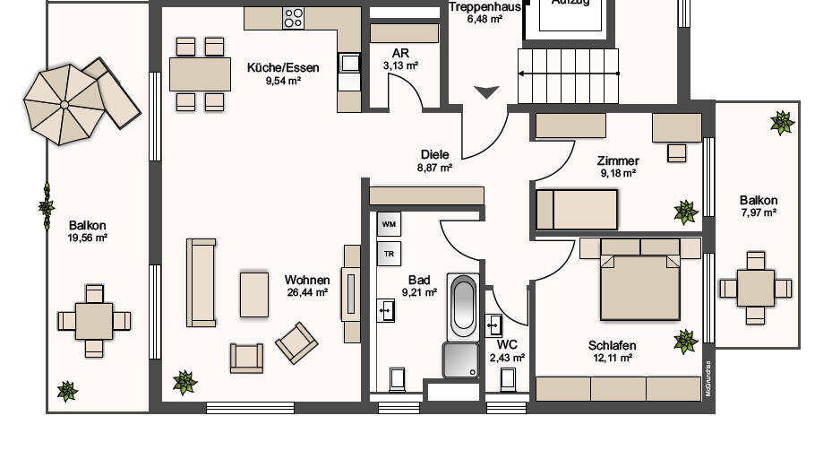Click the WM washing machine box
(x=389, y=223)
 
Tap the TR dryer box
(x=389, y=254)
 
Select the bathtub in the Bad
(x=463, y=306)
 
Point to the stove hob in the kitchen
(x=294, y=17)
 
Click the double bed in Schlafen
(x=639, y=285)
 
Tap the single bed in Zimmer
(x=577, y=208)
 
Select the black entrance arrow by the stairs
(x=486, y=91)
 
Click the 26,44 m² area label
(x=306, y=291)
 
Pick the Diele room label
(x=434, y=154)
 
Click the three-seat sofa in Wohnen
(x=201, y=281)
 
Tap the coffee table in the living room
(x=254, y=294)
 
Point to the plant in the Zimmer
(x=685, y=212)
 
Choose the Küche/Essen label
(x=274, y=65)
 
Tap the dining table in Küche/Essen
(x=200, y=74)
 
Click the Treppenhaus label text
(x=485, y=7)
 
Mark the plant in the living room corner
(x=184, y=383)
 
